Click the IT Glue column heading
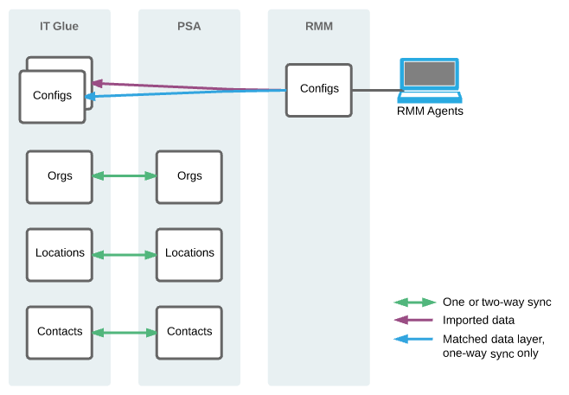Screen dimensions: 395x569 [x=59, y=26]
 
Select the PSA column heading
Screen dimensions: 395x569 [x=189, y=26]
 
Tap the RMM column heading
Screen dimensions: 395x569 [x=318, y=26]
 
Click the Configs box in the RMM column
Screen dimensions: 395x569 [x=318, y=89]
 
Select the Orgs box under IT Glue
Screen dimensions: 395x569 [x=60, y=176]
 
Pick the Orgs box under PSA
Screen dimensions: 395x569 [x=189, y=176]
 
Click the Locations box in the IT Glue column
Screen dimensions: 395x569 [x=60, y=254]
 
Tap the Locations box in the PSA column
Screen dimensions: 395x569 [x=189, y=254]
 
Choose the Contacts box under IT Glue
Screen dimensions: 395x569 [x=60, y=332]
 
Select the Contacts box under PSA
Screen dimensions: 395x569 [x=189, y=332]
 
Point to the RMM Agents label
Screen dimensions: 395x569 [x=430, y=111]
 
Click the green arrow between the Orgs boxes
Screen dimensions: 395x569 [x=124, y=176]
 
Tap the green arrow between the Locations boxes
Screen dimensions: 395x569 [x=124, y=255]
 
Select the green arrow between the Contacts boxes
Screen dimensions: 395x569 [x=124, y=333]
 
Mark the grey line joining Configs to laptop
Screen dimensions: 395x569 [x=374, y=90]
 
